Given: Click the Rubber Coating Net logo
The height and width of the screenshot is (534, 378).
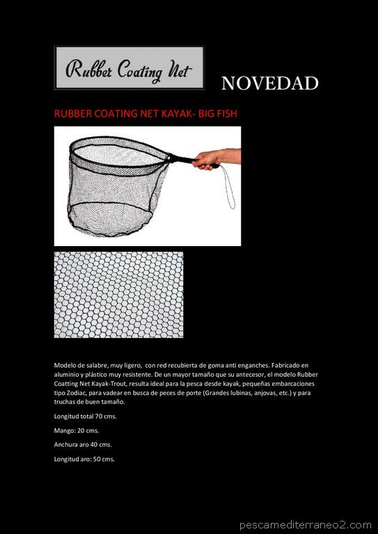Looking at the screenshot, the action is tap(129, 68).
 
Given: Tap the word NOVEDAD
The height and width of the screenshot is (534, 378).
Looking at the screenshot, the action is tap(269, 84).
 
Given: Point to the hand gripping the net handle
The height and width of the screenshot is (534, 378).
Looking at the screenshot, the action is tap(209, 161).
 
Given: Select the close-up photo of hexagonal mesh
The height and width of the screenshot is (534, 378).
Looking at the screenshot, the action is tap(118, 295).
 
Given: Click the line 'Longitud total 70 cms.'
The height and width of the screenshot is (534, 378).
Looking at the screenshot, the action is tap(85, 416).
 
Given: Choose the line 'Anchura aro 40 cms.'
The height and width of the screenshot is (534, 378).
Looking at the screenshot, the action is tap(83, 444).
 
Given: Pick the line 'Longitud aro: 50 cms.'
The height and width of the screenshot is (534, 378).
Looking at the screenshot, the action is tap(84, 459).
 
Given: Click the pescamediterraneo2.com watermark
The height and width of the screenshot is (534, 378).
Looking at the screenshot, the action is tap(306, 525).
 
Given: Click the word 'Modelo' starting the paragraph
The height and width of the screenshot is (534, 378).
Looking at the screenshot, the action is tap(65, 365).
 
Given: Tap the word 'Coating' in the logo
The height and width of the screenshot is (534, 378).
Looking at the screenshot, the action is tap(134, 70).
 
